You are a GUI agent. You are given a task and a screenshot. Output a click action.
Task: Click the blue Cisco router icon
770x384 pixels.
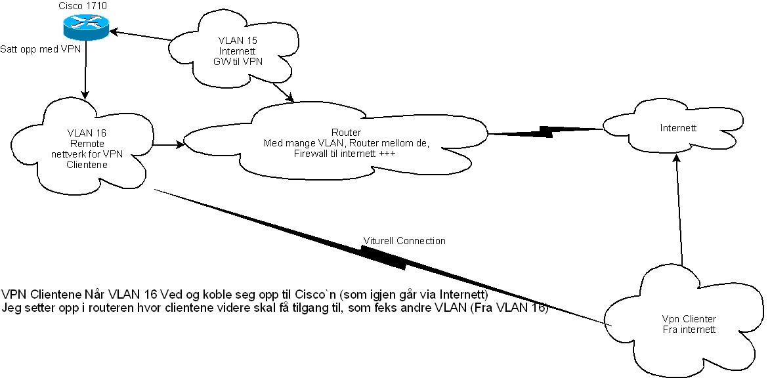pyautogui.click(x=85, y=28)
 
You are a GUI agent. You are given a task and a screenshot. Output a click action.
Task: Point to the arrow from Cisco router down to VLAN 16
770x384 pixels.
pyautogui.click(x=86, y=70)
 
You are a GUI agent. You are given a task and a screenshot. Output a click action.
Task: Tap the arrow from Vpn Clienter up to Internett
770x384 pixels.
pyautogui.click(x=679, y=209)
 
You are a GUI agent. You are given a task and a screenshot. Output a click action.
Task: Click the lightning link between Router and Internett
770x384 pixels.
pyautogui.click(x=545, y=131)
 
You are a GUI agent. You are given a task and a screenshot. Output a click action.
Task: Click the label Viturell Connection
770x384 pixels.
pyautogui.click(x=404, y=241)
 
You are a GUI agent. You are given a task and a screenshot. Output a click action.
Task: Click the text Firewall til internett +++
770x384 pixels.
pyautogui.click(x=344, y=154)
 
